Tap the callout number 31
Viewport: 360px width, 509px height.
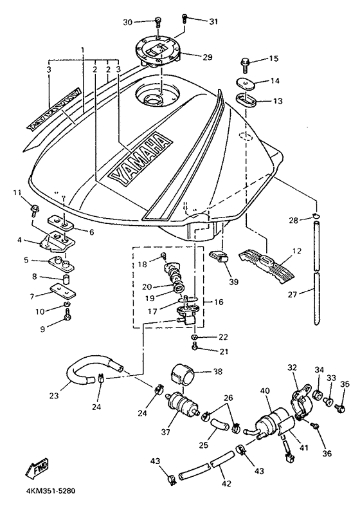click(x=213, y=21)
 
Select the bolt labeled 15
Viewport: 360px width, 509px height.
click(x=244, y=64)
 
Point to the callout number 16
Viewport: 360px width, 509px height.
click(x=219, y=302)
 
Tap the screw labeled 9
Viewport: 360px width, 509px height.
click(x=67, y=313)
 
